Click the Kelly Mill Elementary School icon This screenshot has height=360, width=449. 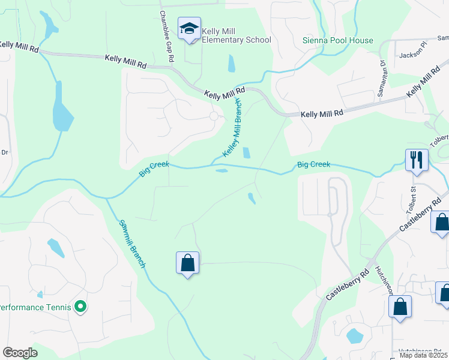point(189,28)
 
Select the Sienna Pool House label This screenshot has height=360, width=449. point(337,41)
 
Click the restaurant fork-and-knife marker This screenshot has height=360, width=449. point(416,160)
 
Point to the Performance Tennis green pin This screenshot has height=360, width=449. point(80,308)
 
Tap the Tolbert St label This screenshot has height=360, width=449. point(413,197)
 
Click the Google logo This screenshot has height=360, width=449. point(20,353)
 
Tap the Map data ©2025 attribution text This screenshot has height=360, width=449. point(423,355)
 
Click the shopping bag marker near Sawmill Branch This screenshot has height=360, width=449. point(187,263)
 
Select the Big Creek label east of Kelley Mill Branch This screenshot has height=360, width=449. point(313,164)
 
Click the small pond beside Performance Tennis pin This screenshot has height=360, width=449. point(40,295)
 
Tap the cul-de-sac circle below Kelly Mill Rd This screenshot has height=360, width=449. point(214,116)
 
